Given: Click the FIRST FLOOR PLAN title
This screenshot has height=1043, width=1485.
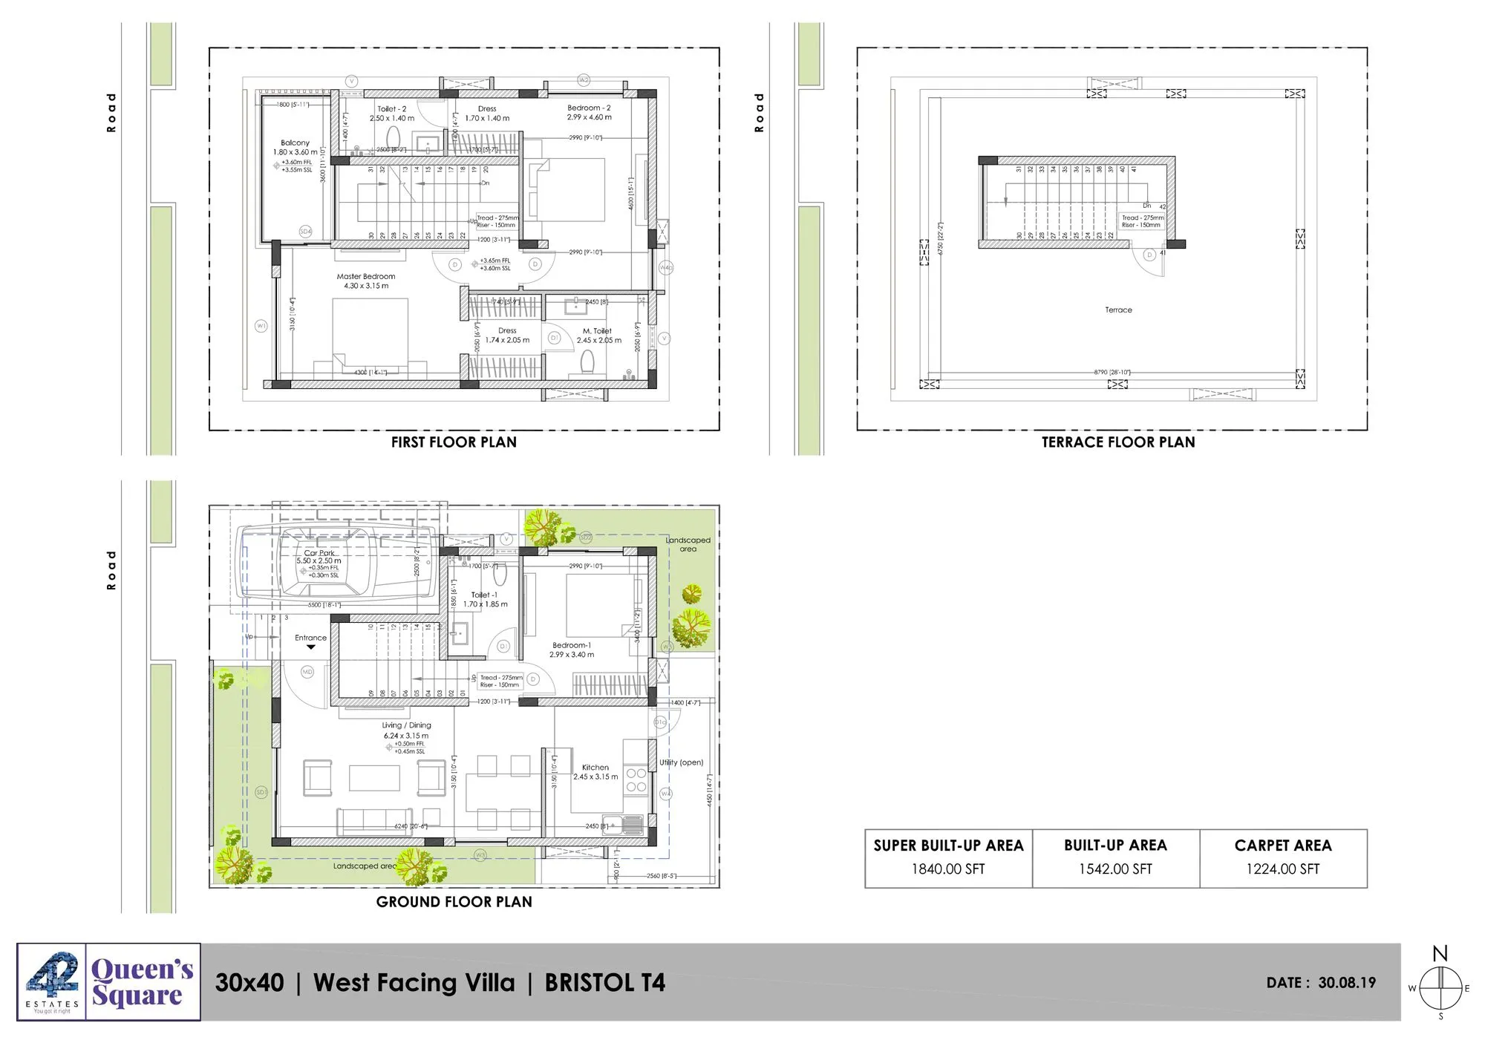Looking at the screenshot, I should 454,442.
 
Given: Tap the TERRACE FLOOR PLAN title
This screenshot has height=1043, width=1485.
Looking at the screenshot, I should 1117,442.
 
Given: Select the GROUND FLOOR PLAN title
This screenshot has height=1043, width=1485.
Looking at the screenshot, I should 454,902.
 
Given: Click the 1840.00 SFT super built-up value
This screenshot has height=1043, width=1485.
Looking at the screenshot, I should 948,869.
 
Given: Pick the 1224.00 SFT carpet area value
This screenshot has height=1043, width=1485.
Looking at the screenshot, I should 1282,869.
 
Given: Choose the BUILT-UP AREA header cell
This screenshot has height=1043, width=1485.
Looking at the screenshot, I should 1115,846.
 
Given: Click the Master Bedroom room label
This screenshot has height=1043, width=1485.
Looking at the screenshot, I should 365,276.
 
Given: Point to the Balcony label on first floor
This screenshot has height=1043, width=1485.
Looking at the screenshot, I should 295,143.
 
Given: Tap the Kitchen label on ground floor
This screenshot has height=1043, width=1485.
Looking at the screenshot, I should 595,768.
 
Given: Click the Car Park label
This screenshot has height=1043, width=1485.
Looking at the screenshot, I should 319,553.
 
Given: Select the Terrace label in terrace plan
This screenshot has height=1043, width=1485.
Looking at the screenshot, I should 1118,310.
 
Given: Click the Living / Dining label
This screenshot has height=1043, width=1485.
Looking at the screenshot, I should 406,725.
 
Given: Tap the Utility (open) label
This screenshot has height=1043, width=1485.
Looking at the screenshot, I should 681,762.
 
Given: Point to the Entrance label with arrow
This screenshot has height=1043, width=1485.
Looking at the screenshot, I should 310,638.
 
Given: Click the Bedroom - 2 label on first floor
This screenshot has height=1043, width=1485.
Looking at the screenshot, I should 589,108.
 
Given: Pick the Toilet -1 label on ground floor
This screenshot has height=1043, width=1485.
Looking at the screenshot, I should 484,595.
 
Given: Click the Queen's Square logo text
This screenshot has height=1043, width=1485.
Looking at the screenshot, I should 141,982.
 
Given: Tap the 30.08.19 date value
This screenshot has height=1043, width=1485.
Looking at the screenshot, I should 1347,983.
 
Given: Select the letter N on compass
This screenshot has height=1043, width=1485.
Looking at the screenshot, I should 1440,954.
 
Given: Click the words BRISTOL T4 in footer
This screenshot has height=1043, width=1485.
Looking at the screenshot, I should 604,983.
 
